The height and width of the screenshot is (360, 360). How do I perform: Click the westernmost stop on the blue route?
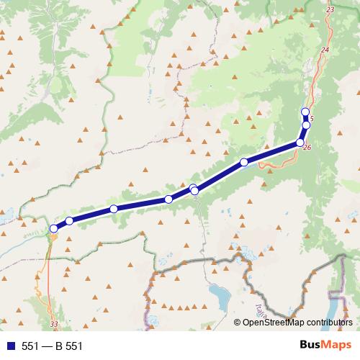pos(53,228)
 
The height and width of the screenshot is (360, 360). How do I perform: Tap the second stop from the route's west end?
pos(69,221)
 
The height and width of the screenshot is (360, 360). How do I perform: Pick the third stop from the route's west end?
pos(114,209)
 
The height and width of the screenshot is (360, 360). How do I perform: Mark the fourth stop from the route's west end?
pos(168,199)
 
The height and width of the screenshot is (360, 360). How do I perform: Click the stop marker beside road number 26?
pos(300,143)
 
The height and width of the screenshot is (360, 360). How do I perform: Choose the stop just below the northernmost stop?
pos(305,125)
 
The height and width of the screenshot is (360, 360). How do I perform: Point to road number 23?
pos(330,9)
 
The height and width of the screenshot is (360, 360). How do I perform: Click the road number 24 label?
pos(325,49)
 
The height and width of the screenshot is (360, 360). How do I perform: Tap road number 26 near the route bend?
pos(307,148)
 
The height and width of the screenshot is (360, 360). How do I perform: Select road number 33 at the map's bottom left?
pos(55,324)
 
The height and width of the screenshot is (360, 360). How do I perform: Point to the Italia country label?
pos(260,312)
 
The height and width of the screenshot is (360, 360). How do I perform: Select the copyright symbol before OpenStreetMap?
pos(238,323)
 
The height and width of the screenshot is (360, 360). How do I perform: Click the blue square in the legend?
pos(10,346)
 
